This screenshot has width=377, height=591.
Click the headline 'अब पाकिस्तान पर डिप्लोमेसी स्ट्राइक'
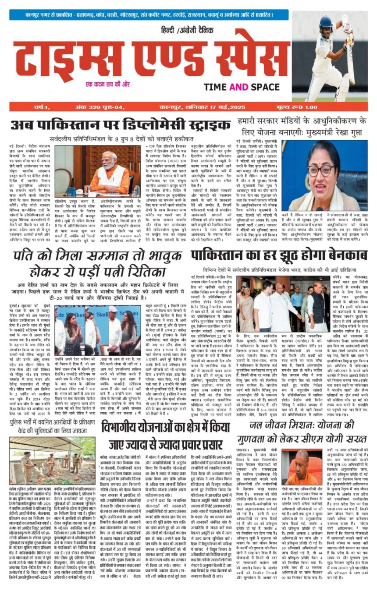click(117, 125)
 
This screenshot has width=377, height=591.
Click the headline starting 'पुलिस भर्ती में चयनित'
click(53, 425)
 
